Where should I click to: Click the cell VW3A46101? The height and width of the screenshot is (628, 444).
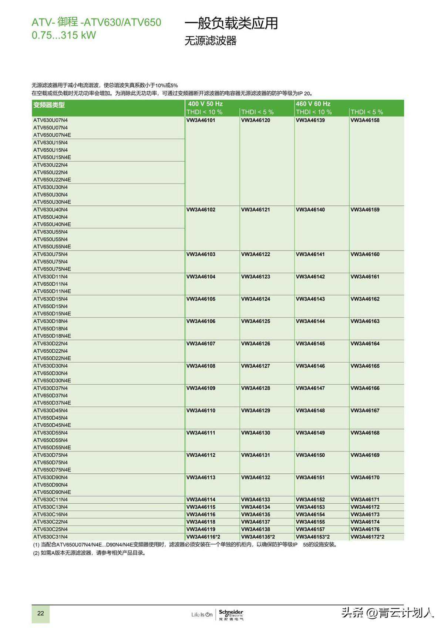201,120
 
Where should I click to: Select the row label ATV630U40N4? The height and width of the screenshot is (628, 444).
51,209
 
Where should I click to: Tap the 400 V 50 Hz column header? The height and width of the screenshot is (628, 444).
205,104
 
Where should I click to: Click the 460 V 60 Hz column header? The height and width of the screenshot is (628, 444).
313,104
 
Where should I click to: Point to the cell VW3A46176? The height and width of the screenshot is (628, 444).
365,529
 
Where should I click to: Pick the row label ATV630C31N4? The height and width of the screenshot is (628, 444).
51,537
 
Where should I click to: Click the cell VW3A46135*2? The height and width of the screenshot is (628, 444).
258,537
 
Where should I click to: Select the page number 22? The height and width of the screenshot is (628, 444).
41,613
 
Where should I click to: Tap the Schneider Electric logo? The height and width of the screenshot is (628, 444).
231,614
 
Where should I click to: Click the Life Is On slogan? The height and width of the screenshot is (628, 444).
202,614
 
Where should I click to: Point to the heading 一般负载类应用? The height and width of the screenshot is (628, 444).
231,23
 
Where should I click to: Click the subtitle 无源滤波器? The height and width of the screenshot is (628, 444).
211,41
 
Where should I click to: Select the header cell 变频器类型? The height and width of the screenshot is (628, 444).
49,105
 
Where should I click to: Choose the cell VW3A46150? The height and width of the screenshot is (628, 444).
310,455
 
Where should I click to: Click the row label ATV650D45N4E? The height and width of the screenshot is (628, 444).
52,425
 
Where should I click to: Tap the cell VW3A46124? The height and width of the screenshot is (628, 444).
256,299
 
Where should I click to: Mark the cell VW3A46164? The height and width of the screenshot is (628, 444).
365,343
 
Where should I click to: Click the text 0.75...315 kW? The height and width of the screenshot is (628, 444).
64,36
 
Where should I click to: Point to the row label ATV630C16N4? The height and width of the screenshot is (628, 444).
51,514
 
